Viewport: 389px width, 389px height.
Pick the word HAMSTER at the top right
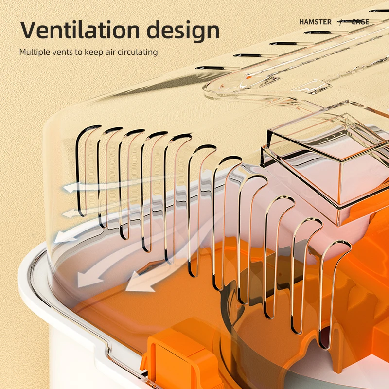pyautogui.click(x=315, y=22)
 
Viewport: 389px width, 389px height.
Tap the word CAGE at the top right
pyautogui.click(x=360, y=22)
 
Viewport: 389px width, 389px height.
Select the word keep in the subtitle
pyautogui.click(x=92, y=52)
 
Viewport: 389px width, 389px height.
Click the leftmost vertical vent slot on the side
pyautogui.click(x=82, y=170)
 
